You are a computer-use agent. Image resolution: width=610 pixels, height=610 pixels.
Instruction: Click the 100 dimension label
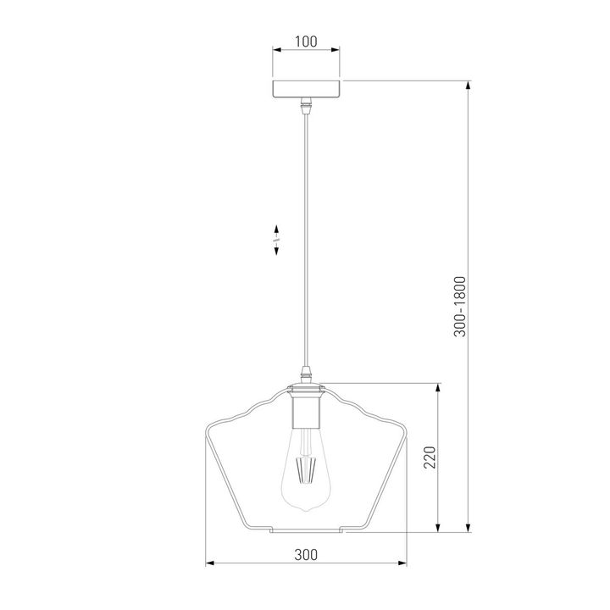(x=306, y=42)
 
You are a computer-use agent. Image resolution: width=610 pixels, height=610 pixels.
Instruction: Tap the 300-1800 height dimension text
(x=460, y=306)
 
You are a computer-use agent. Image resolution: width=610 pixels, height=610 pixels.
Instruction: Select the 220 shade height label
(x=430, y=457)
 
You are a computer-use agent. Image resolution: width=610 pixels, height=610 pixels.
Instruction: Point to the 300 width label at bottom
(x=306, y=554)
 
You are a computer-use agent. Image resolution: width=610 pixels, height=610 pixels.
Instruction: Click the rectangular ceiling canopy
(x=306, y=89)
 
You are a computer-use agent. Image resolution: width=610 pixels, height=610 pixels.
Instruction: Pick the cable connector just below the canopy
(x=307, y=105)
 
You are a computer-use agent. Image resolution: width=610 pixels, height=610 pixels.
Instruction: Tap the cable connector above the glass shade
(x=307, y=375)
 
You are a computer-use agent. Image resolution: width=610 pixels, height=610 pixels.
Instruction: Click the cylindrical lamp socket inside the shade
(x=306, y=408)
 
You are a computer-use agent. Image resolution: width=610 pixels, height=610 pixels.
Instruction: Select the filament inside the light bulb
(x=306, y=470)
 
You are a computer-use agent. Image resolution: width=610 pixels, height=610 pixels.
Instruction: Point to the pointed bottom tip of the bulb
(x=306, y=510)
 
